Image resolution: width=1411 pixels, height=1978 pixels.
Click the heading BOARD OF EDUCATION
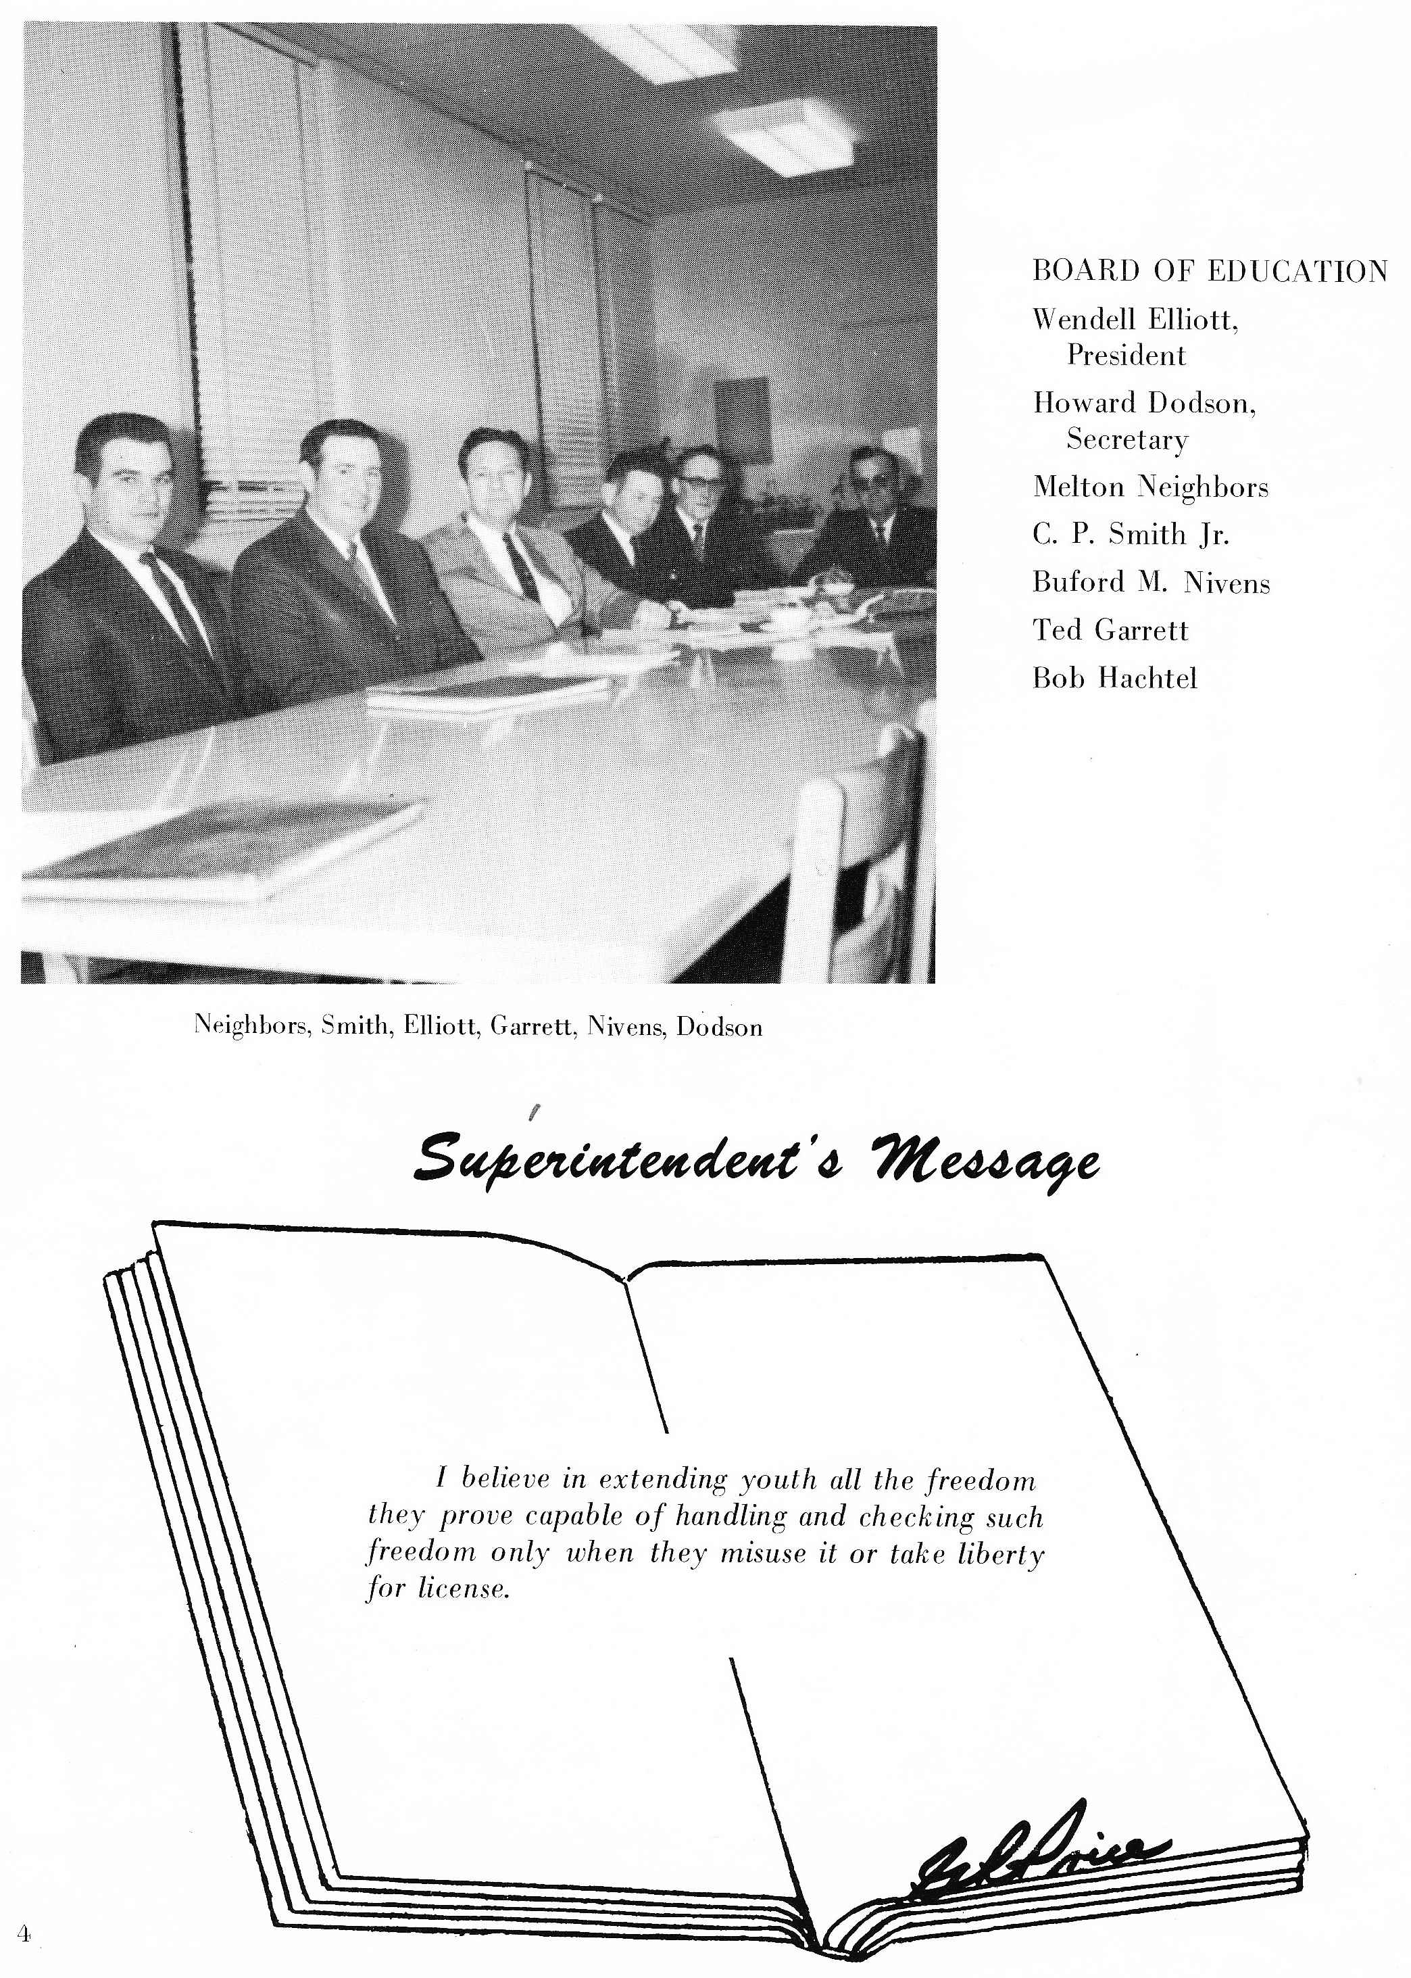[x=1210, y=271]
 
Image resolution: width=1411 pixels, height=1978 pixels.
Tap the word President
[x=1126, y=356]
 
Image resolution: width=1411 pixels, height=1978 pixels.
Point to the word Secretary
[x=1127, y=440]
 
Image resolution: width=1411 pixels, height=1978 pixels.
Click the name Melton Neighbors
[x=1150, y=487]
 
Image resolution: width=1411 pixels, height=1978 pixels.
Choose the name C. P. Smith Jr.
[x=1131, y=535]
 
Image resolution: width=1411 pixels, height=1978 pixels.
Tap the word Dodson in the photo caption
[x=720, y=1028]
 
